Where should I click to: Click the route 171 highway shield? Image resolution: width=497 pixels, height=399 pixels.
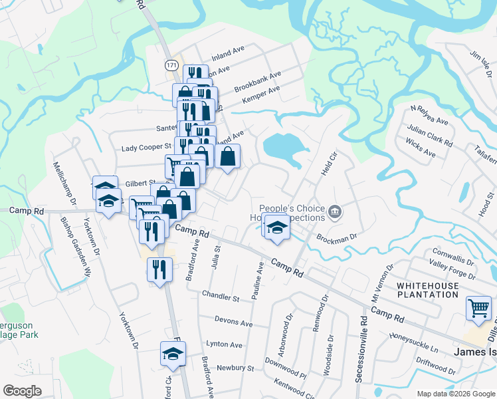tap(171, 65)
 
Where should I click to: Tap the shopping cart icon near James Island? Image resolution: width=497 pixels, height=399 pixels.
tap(478, 307)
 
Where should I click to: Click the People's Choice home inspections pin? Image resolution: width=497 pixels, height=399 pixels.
tap(335, 213)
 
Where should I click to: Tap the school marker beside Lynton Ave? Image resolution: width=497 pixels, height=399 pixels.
tap(173, 353)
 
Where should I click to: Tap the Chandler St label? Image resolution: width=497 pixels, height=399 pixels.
tap(221, 296)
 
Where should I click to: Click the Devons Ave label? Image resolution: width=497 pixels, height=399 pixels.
tap(233, 323)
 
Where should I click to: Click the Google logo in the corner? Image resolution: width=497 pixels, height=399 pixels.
tap(23, 391)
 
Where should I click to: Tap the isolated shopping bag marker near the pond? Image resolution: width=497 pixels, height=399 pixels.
tap(227, 158)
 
